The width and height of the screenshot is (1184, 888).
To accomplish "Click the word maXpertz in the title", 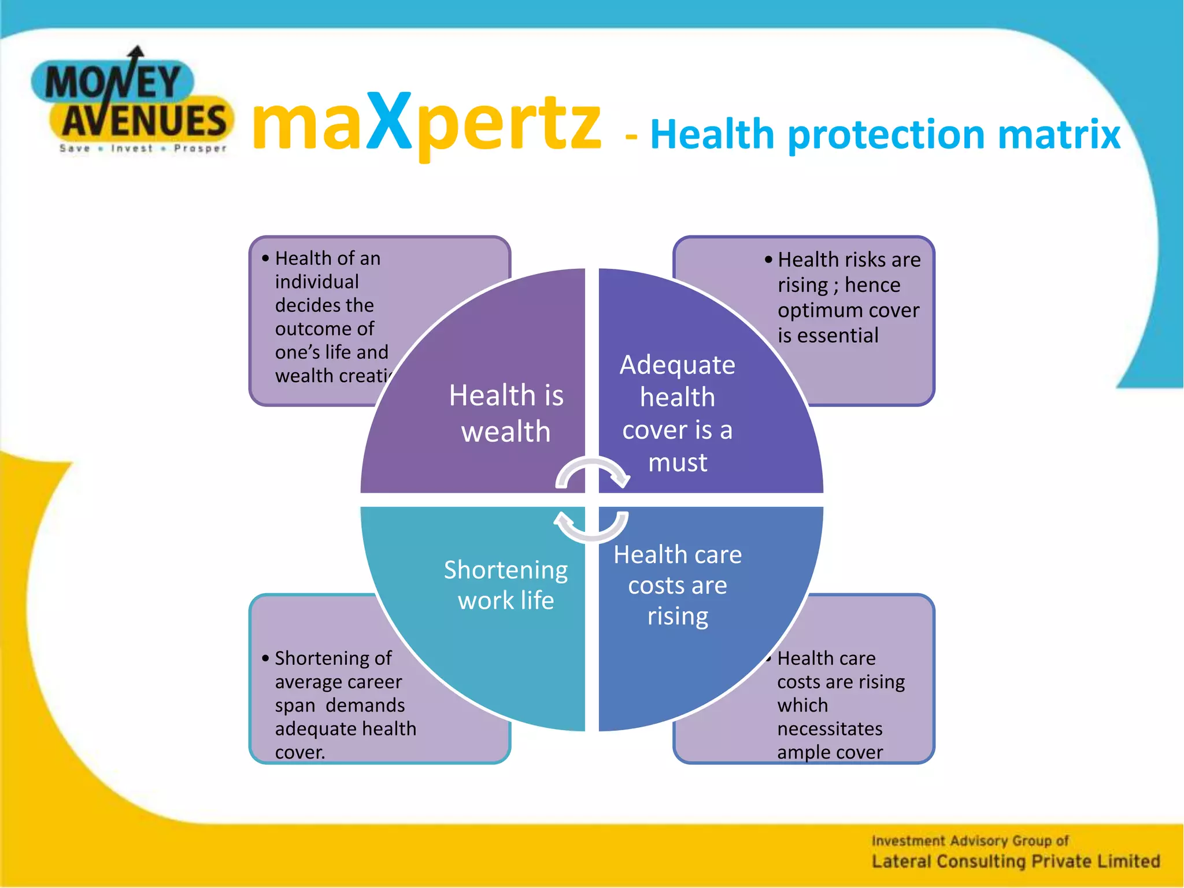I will (427, 123).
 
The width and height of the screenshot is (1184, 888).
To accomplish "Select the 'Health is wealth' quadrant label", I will (506, 413).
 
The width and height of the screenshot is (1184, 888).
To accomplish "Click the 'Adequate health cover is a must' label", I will (678, 413).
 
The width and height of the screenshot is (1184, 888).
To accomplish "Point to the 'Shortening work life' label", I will (506, 585).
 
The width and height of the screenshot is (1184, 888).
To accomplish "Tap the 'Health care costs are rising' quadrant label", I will (678, 585).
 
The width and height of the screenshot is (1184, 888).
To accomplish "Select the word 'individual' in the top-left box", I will (317, 282).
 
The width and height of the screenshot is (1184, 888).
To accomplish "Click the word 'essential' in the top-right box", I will (838, 335).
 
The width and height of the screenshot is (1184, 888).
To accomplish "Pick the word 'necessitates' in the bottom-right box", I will (830, 729).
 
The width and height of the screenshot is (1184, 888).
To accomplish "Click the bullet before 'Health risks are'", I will (768, 260).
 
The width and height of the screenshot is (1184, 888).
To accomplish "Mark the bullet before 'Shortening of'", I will (265, 658).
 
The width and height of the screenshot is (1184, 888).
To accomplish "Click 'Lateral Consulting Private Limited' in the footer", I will (1016, 861).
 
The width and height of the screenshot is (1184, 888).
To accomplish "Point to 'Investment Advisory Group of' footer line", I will (970, 841).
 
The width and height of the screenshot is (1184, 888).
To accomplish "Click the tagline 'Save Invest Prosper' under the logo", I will (143, 149).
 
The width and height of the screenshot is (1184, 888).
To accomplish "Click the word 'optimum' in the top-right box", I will (815, 310).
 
